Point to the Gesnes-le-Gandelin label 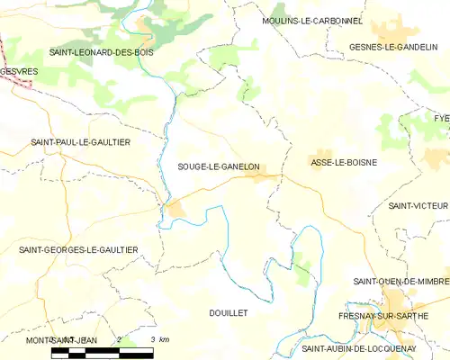(393, 46)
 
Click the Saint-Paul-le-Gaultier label (81, 142)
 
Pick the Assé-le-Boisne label (343, 162)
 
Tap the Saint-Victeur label (418, 205)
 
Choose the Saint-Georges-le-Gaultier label (78, 249)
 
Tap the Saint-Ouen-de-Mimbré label (400, 281)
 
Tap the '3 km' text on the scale (160, 338)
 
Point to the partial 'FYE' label (441, 118)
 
